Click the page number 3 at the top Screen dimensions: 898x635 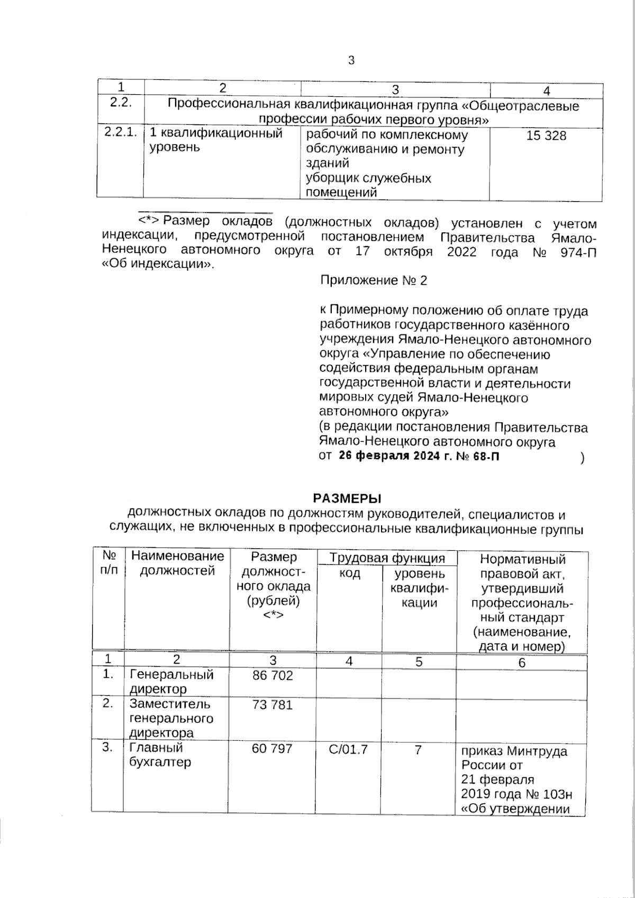click(351, 60)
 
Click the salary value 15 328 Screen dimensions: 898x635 click(546, 136)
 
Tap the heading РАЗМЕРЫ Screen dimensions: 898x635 click(347, 498)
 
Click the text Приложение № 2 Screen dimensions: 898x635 click(374, 280)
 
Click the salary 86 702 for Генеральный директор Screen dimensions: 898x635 click(273, 676)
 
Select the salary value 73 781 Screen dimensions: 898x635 click(273, 705)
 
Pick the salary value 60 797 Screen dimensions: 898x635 click(273, 749)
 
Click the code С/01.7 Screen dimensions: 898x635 click(348, 749)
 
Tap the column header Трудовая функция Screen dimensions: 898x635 click(387, 558)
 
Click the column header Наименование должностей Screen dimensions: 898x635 click(177, 563)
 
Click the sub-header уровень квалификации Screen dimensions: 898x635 click(419, 588)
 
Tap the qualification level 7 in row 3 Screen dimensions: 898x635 click(418, 749)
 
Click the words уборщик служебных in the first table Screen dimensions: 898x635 click(369, 178)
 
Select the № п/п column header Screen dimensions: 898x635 click(109, 563)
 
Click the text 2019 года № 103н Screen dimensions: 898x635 click(516, 794)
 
